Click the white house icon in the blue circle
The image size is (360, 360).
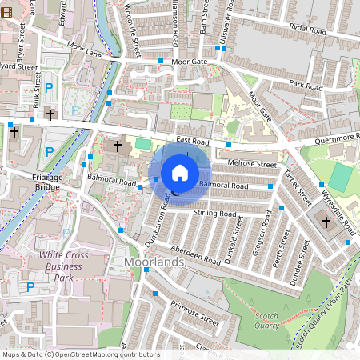tap(180, 172)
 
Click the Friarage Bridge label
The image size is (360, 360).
tap(25, 182)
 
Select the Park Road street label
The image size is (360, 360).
tap(306, 84)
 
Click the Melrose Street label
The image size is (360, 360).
tap(251, 165)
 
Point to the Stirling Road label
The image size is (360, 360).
tap(215, 214)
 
